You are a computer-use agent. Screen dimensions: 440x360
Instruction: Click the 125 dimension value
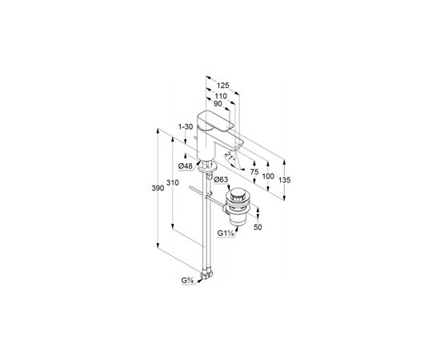pyautogui.click(x=223, y=85)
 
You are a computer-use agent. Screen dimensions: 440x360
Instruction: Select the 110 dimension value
pyautogui.click(x=221, y=96)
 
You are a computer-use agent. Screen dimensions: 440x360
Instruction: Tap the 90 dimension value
pyautogui.click(x=218, y=103)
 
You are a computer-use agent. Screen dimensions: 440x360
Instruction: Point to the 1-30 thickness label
pyautogui.click(x=186, y=127)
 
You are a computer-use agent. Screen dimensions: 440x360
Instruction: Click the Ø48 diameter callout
pyautogui.click(x=186, y=166)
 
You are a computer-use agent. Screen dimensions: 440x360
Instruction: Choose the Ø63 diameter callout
pyautogui.click(x=221, y=179)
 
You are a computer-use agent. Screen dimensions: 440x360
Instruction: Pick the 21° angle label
pyautogui.click(x=230, y=156)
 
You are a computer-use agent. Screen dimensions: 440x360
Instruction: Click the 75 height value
pyautogui.click(x=254, y=172)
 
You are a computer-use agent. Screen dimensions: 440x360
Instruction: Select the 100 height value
pyautogui.click(x=268, y=176)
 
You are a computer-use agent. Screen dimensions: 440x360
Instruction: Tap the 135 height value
pyautogui.click(x=285, y=180)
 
